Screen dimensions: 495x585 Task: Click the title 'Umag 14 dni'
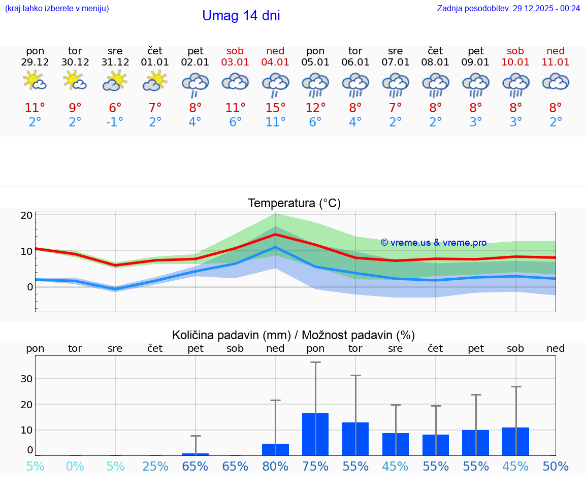pos(241,16)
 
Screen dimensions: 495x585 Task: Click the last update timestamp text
pos(508,8)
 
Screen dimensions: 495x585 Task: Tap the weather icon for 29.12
pos(35,81)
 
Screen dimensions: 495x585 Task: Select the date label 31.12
pos(115,62)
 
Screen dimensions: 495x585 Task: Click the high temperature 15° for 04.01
pos(275,108)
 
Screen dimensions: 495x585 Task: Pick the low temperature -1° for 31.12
pos(115,122)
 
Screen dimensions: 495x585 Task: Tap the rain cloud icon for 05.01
pos(315,84)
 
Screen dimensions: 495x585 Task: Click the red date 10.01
pos(516,62)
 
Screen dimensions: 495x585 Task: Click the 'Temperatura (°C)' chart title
pos(294,204)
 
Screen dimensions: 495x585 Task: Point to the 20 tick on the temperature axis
pos(27,215)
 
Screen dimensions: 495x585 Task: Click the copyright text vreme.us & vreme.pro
pos(433,243)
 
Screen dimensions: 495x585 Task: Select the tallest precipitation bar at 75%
pos(315,434)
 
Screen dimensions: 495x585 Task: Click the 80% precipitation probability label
pos(275,466)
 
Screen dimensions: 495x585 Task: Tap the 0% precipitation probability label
pos(75,466)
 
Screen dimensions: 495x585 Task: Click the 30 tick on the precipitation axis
pos(27,379)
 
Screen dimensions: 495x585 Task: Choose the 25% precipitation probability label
pos(155,466)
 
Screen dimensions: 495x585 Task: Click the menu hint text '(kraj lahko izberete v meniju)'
pos(57,8)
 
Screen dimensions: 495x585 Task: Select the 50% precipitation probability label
pos(556,466)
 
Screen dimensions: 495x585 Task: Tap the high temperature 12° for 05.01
pos(315,108)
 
